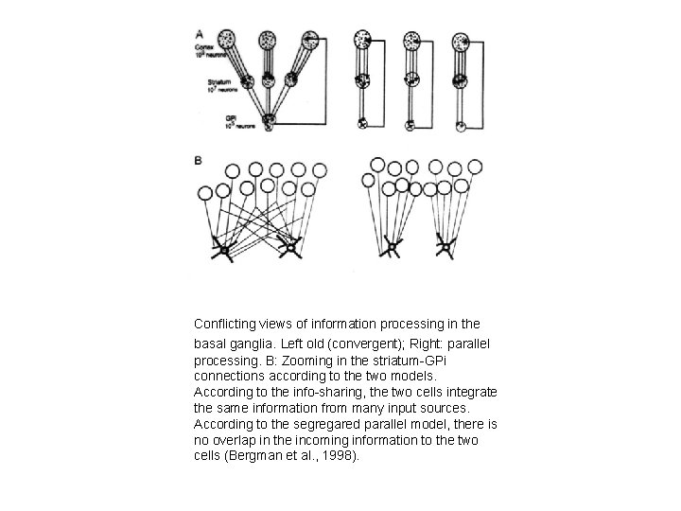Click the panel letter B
click(x=199, y=161)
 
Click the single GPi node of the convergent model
click(x=269, y=120)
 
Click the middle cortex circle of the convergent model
click(x=269, y=42)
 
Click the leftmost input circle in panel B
click(x=205, y=193)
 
